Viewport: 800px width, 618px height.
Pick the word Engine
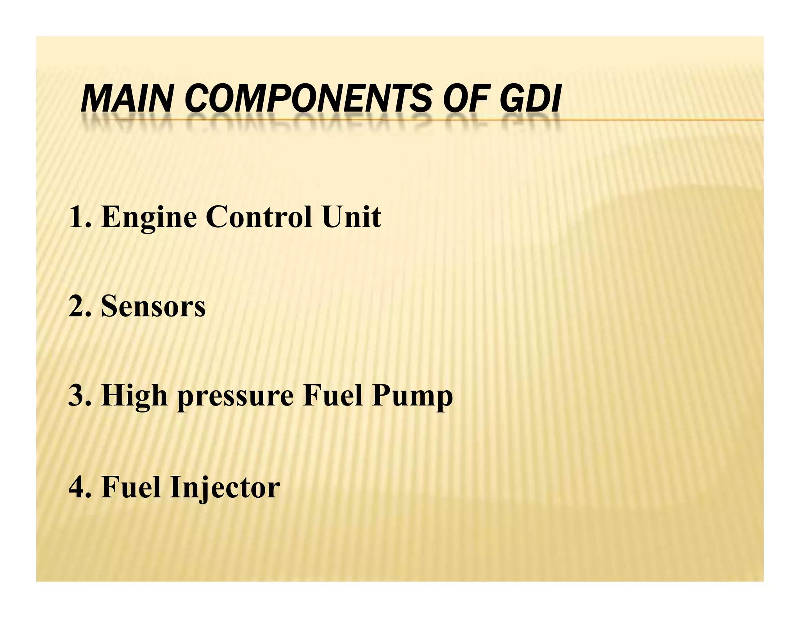149,218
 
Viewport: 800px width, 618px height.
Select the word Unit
351,217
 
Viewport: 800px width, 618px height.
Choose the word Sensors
153,307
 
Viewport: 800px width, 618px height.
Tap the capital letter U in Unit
332,217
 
